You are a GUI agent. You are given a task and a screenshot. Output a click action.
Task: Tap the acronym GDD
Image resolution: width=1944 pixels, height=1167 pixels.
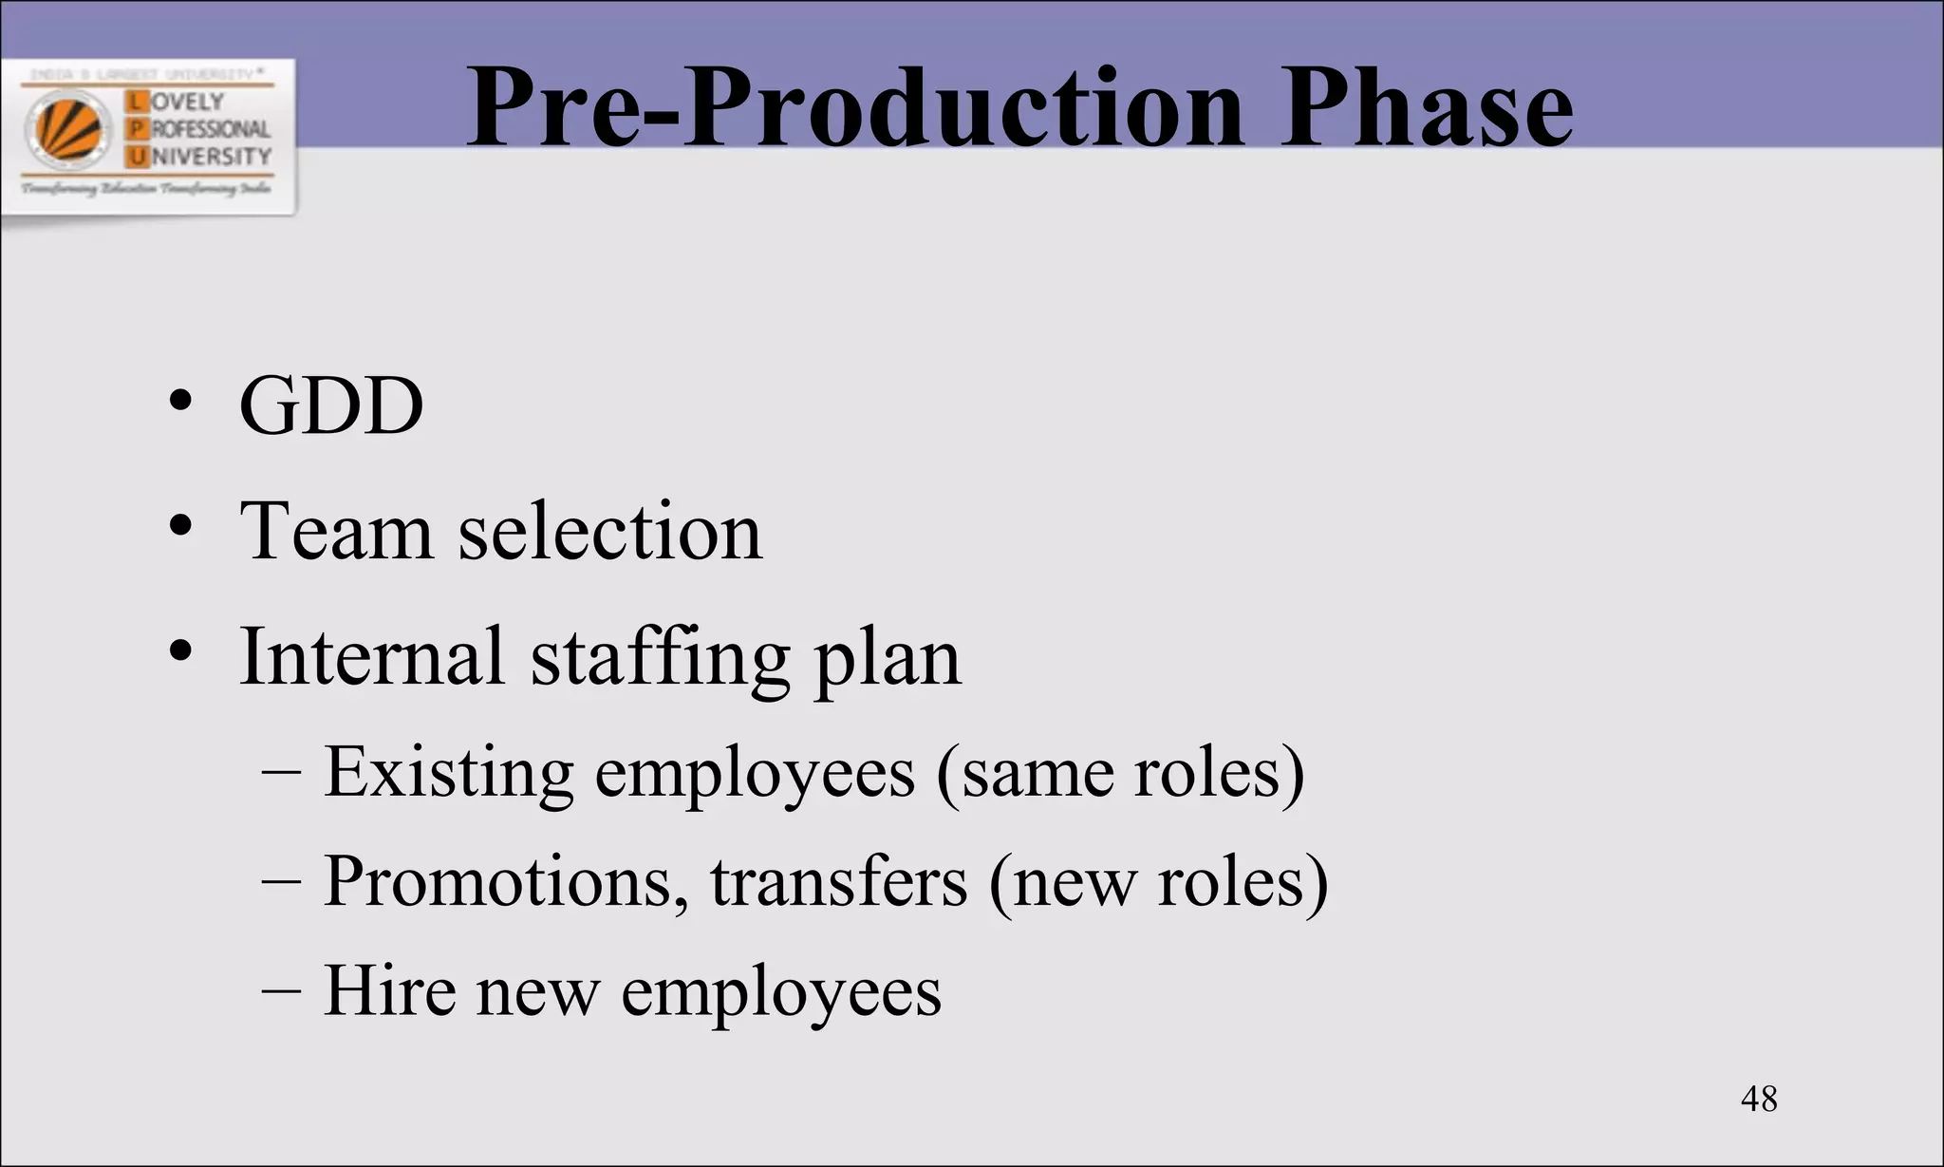(331, 405)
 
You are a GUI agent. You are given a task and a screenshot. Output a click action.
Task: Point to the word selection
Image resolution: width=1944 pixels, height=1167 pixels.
(610, 531)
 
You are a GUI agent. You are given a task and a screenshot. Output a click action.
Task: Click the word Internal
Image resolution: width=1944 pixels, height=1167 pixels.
(371, 656)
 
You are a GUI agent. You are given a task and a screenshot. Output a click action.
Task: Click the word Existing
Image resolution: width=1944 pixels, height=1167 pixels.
(449, 772)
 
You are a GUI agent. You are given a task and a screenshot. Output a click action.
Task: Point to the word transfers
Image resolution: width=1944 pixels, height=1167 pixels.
(839, 882)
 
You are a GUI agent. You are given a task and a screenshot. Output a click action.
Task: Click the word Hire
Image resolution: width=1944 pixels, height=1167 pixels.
(389, 990)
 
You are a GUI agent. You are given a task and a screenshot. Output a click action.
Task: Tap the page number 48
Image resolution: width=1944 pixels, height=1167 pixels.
(1759, 1099)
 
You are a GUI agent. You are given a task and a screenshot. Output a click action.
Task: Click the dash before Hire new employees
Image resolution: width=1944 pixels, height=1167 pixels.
(281, 990)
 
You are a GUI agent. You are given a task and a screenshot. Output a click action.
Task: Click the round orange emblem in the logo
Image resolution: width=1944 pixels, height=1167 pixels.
(68, 130)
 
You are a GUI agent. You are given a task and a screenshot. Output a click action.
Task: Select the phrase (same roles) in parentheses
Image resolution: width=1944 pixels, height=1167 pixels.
(1120, 772)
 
